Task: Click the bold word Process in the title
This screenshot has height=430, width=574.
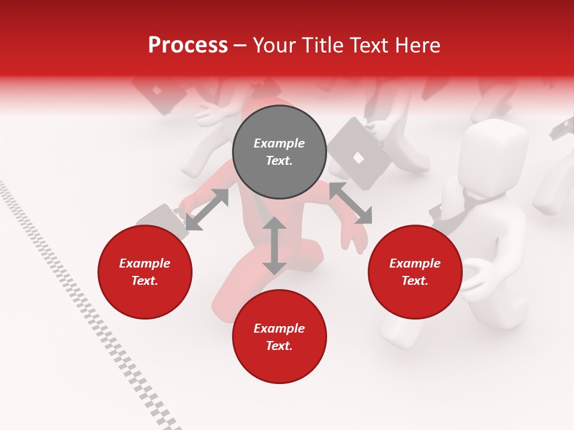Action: point(188,45)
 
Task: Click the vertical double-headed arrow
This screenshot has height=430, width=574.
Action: point(274,245)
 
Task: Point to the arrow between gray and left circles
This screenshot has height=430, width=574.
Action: point(207,210)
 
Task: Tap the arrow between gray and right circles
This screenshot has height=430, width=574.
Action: point(350,203)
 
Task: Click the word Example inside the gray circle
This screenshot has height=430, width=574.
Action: point(279,143)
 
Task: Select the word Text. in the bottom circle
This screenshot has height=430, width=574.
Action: point(279,346)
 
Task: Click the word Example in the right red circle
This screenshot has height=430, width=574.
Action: point(415,263)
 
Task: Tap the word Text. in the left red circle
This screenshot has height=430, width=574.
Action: point(145,281)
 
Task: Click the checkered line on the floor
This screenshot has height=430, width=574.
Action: point(90,311)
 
